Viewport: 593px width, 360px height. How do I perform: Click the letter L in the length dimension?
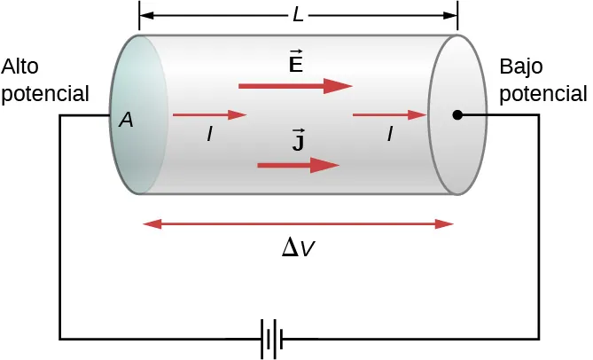pyautogui.click(x=298, y=15)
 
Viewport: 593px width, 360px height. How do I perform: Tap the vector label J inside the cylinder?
pyautogui.click(x=299, y=140)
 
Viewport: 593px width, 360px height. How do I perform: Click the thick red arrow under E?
pyautogui.click(x=295, y=86)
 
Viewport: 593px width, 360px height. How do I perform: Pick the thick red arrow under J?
pyautogui.click(x=298, y=166)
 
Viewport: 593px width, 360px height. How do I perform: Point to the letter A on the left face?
pyautogui.click(x=126, y=121)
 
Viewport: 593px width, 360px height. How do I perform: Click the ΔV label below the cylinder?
pyautogui.click(x=297, y=249)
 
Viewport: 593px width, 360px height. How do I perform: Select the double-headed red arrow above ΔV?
pyautogui.click(x=298, y=225)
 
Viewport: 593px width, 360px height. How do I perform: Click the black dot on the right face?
pyautogui.click(x=456, y=115)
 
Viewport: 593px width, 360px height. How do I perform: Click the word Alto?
pyautogui.click(x=20, y=67)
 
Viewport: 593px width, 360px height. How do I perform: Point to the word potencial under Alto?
pyautogui.click(x=45, y=93)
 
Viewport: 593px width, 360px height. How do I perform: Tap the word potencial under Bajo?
pyautogui.click(x=542, y=93)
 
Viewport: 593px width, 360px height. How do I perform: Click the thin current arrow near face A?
pyautogui.click(x=208, y=115)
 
